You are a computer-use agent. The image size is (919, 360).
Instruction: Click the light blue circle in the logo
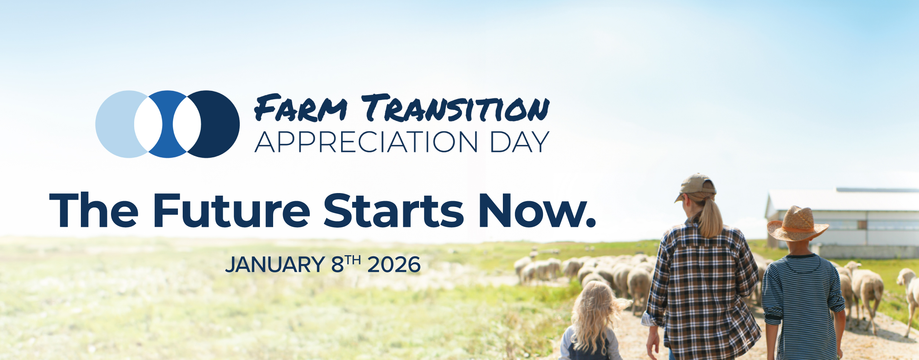click(x=114, y=124)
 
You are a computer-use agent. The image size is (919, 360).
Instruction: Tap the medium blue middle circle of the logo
click(x=168, y=124)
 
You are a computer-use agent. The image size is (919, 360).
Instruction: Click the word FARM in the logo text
click(x=301, y=108)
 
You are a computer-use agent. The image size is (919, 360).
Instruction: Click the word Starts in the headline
click(x=394, y=210)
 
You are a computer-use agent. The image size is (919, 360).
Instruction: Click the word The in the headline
click(x=94, y=210)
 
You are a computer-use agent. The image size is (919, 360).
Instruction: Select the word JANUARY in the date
click(x=275, y=264)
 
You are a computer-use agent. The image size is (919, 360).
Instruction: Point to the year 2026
click(x=394, y=264)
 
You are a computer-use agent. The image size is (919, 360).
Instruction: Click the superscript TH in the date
click(x=353, y=260)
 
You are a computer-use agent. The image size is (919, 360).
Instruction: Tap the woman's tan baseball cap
click(x=696, y=186)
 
